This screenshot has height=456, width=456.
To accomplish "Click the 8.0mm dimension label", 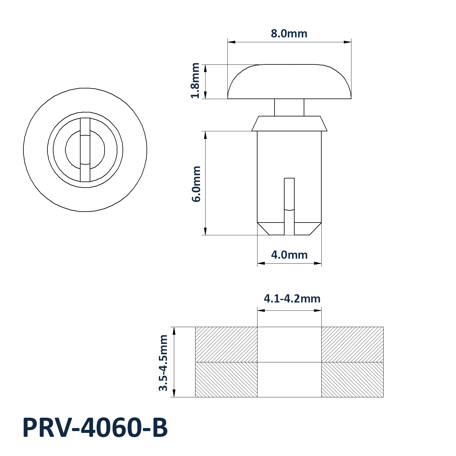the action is coord(289,33).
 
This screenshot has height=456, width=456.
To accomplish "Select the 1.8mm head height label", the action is coord(195,81).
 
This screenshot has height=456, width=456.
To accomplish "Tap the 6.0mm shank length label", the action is coord(196,184).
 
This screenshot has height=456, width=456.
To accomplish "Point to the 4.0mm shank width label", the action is coord(289,255).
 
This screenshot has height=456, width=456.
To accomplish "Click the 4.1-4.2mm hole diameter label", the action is coord(292,299).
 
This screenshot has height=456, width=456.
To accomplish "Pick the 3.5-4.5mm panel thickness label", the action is coord(163,363).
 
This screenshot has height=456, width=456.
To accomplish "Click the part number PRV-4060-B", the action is coord(95,428).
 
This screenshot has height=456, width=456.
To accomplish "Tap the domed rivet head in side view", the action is coord(289,81).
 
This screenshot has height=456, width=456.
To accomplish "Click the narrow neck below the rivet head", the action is coord(289,107).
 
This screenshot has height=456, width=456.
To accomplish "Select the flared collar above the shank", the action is coord(289,123).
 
